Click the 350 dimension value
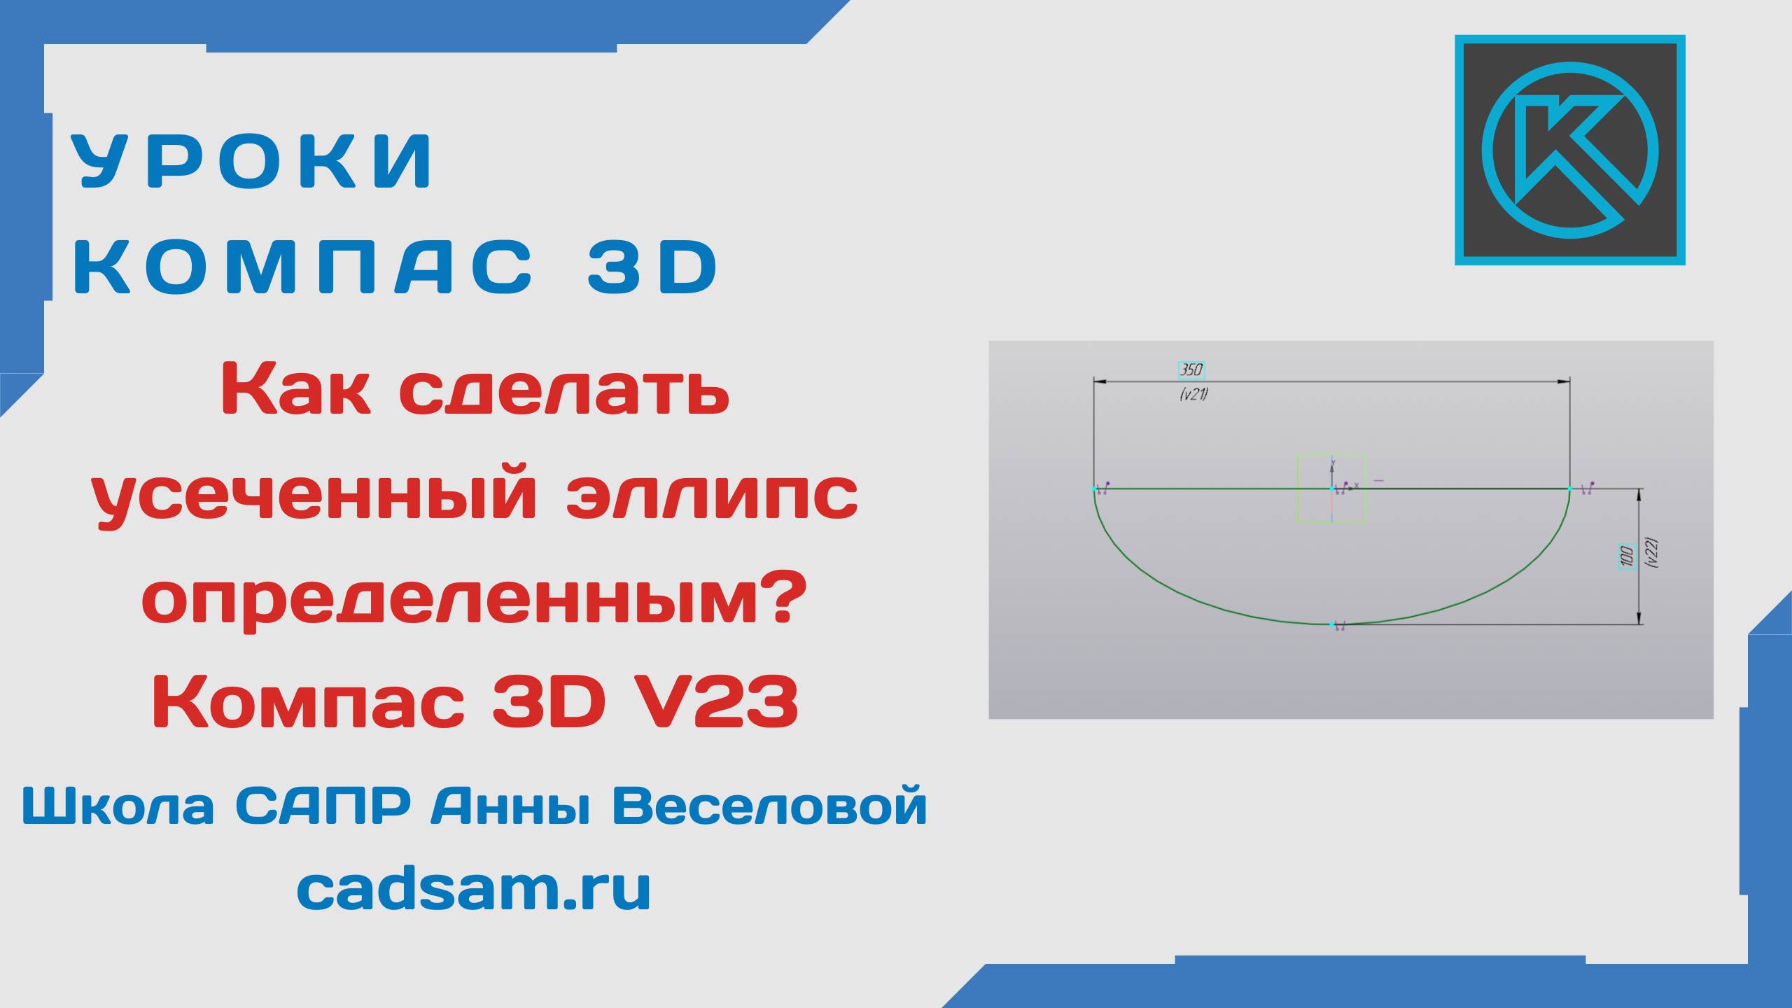pos(1191,370)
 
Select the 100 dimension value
pos(1626,556)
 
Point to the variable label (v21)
pos(1193,395)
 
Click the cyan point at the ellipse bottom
pos(1331,624)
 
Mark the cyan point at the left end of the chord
pos(1095,489)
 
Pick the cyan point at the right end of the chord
pos(1569,489)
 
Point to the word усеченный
pos(315,498)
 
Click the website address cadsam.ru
pos(474,888)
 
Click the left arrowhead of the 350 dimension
pos(1100,381)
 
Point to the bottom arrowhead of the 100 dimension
pos(1639,619)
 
